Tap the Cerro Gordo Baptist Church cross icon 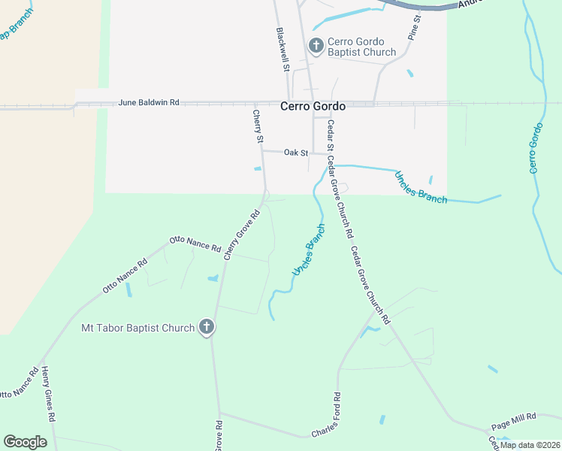point(316,47)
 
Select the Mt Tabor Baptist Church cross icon point(207,328)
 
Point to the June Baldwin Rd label point(150,102)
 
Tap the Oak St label point(296,153)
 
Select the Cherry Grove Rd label point(242,234)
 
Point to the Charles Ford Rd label point(326,416)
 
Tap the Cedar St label point(329,136)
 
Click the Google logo point(25,442)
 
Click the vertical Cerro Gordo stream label point(536,149)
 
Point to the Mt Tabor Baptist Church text point(138,328)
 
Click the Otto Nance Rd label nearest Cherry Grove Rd point(195,244)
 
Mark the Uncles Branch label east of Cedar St point(421,188)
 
